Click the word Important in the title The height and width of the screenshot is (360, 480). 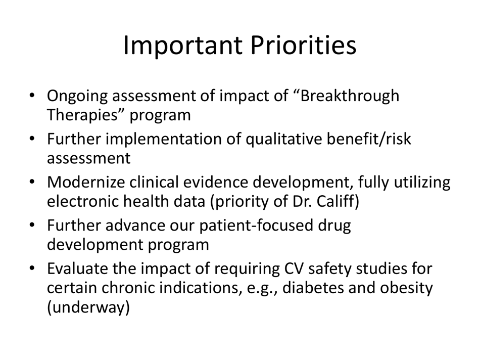(181, 46)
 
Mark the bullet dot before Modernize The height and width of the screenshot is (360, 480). (32, 183)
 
